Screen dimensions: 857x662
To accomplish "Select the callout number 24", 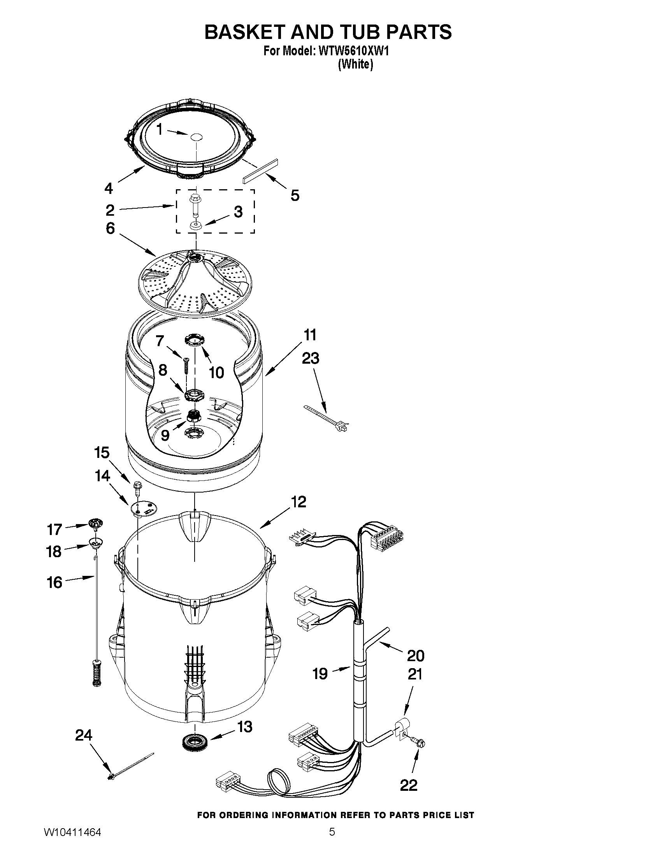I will [x=84, y=735].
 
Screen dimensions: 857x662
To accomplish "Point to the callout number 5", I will [x=295, y=195].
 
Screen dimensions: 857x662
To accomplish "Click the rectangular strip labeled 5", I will [x=260, y=171].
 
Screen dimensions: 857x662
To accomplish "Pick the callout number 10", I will [x=216, y=372].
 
